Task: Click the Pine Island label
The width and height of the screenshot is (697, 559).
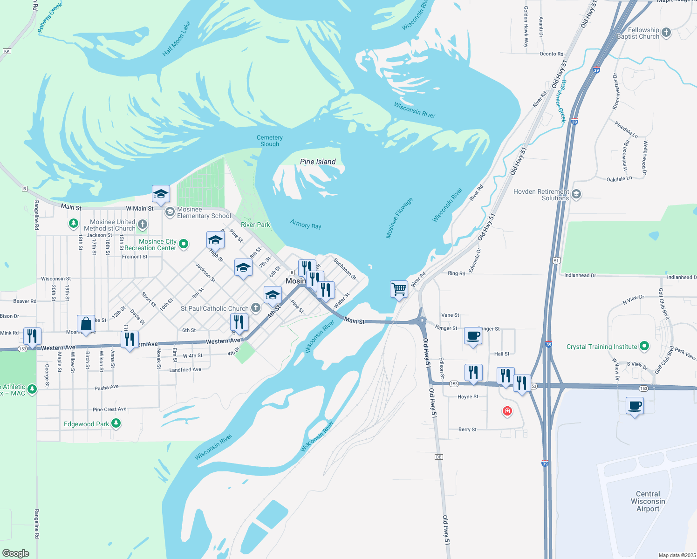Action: tap(318, 162)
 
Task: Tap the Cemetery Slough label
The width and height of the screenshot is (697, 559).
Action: tap(270, 141)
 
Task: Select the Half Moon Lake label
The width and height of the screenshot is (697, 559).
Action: tap(176, 39)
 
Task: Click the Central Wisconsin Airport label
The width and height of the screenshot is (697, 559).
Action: tap(648, 501)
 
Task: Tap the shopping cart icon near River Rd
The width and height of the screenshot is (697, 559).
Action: tap(399, 289)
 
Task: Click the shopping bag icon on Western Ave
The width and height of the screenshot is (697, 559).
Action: tap(86, 324)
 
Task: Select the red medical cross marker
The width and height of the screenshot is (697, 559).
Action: tap(507, 411)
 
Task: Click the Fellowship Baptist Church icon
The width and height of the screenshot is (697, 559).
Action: tap(666, 33)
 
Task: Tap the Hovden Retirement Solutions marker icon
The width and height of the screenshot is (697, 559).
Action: tap(576, 194)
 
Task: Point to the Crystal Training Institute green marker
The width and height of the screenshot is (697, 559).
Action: tap(644, 346)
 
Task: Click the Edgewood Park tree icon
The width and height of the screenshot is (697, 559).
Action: tap(116, 423)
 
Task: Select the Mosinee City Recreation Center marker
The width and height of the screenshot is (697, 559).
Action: tap(184, 244)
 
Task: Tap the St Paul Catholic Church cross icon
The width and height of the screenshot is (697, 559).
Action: tap(256, 307)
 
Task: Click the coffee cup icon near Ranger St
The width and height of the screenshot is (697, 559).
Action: tap(473, 336)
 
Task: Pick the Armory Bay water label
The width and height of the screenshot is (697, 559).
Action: tap(306, 224)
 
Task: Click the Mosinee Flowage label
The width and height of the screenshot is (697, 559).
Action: tap(399, 218)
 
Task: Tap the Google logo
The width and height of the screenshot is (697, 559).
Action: tap(16, 553)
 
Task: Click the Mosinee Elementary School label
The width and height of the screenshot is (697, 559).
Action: tap(204, 213)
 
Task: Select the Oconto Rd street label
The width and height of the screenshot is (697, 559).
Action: tap(551, 54)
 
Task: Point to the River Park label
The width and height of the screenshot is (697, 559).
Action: tap(255, 225)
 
